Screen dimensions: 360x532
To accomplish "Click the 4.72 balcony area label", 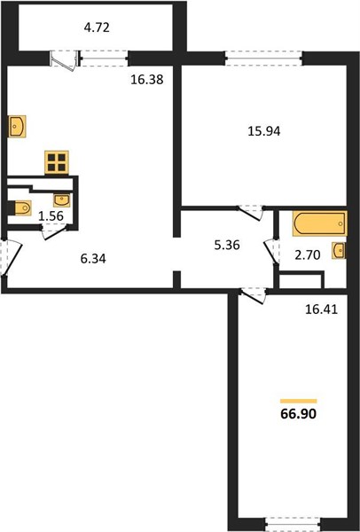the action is [x=97, y=27].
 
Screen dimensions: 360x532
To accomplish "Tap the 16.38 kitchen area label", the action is [x=147, y=80].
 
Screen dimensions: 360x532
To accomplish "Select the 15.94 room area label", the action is [x=264, y=131].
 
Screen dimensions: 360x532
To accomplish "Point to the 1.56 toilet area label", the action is [x=51, y=215].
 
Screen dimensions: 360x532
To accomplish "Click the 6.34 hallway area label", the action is [x=93, y=259].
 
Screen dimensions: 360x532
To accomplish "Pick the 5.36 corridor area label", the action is [x=227, y=245].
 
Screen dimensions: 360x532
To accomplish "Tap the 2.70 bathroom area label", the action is [x=308, y=254].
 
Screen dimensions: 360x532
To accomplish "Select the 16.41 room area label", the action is [x=321, y=309].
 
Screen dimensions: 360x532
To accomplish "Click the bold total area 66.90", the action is [x=299, y=414].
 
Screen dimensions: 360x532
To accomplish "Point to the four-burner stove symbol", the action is [x=57, y=162].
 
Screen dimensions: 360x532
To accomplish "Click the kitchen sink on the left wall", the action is [x=17, y=126].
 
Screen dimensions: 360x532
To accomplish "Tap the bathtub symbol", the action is [x=320, y=223].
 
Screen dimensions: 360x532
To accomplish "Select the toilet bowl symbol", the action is [x=21, y=207].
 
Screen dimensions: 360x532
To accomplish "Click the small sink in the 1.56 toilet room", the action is [x=62, y=200].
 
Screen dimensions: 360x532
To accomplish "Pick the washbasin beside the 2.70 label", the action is [x=339, y=251].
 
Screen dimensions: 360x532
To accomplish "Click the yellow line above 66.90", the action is [x=299, y=401].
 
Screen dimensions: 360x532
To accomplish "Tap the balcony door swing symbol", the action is [x=64, y=60].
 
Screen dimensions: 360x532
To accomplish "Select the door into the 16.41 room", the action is [x=253, y=295].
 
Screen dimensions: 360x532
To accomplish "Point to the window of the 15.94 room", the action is [x=263, y=58].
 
